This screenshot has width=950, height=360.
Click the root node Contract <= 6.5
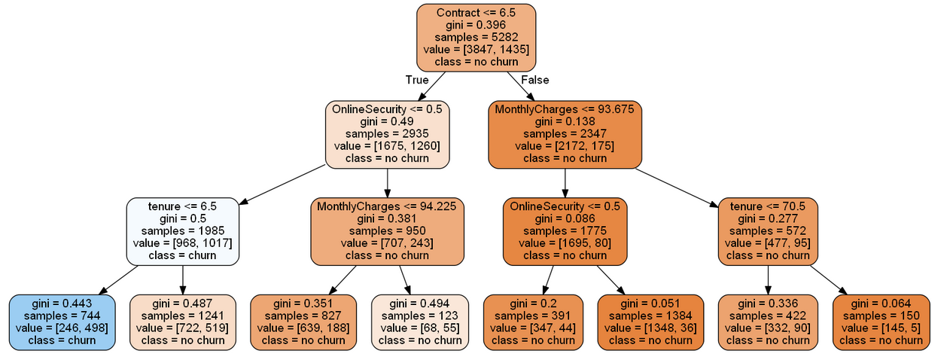(476, 38)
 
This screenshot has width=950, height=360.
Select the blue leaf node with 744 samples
(62, 322)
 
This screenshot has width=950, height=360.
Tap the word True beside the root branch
(416, 80)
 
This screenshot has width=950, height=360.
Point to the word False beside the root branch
(535, 80)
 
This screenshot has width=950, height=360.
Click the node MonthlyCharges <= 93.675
(565, 134)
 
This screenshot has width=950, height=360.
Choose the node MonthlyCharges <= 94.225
(387, 231)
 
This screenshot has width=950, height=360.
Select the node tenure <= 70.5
(768, 231)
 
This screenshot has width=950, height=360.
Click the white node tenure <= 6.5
(183, 231)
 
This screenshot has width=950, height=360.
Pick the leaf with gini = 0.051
(650, 322)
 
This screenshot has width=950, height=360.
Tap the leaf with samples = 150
(881, 322)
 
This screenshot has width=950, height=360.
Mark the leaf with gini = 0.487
(183, 322)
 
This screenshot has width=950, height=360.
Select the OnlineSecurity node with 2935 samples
(387, 134)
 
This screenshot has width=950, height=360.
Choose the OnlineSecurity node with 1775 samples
(565, 231)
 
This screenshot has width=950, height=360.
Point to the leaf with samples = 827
(303, 322)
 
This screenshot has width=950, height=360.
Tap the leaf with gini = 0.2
(533, 322)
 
